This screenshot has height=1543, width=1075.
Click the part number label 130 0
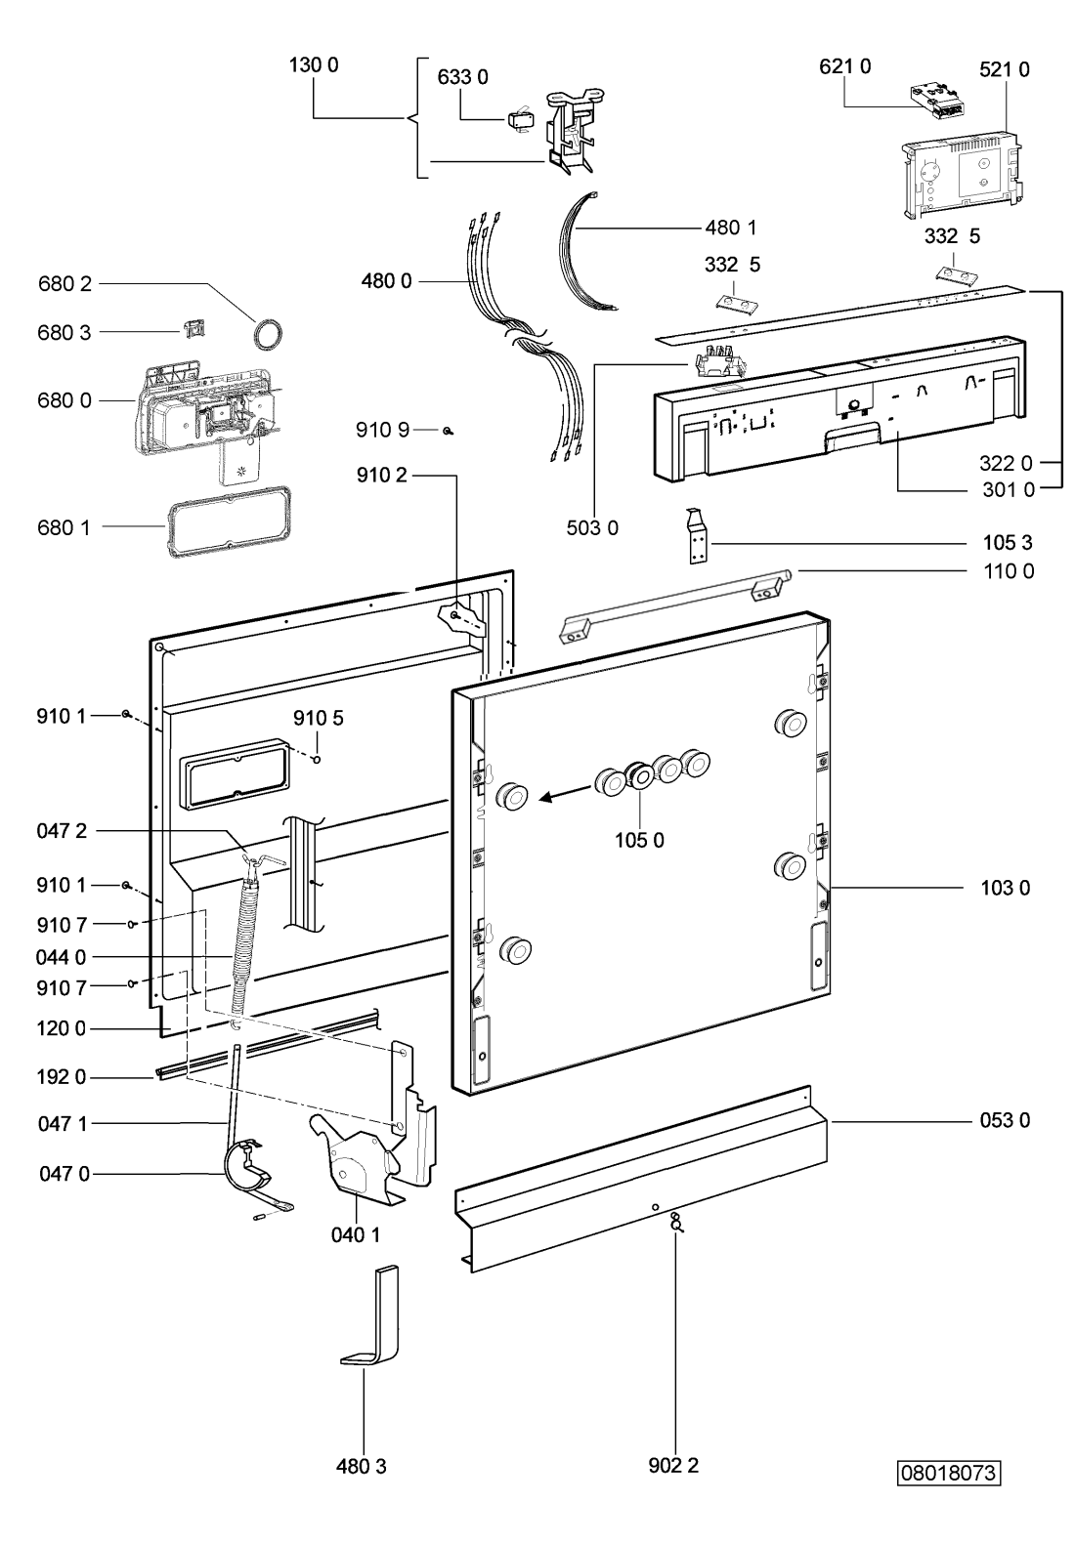(314, 65)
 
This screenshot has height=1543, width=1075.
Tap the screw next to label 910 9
(449, 432)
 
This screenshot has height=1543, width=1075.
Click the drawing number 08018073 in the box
(949, 1473)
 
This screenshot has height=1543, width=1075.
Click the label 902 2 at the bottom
(673, 1465)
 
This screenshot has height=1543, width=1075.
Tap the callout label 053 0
(1005, 1120)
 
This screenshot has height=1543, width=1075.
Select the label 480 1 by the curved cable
(731, 228)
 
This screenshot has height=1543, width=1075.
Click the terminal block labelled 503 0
(719, 362)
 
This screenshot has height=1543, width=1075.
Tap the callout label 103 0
(1006, 888)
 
